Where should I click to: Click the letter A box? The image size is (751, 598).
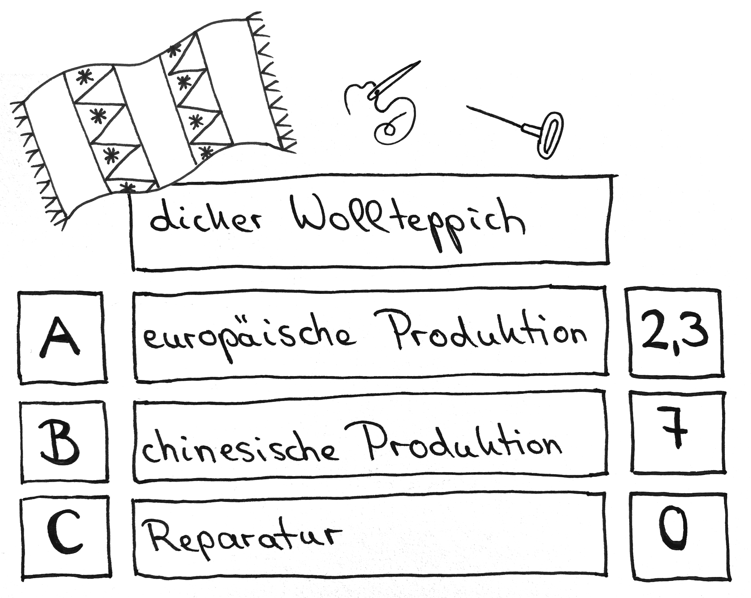[x=62, y=338]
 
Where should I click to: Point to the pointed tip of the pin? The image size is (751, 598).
[x=468, y=106]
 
